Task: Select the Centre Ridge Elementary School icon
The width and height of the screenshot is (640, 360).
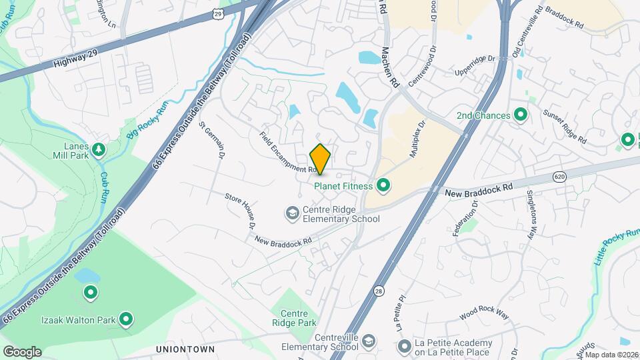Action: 292,213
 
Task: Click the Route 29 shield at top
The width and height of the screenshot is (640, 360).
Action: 219,13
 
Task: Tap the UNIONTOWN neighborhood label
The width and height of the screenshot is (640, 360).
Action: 185,349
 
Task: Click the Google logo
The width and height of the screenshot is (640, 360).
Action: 22,351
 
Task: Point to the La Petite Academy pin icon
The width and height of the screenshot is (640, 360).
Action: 404,347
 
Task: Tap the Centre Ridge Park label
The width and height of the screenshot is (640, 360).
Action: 298,318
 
